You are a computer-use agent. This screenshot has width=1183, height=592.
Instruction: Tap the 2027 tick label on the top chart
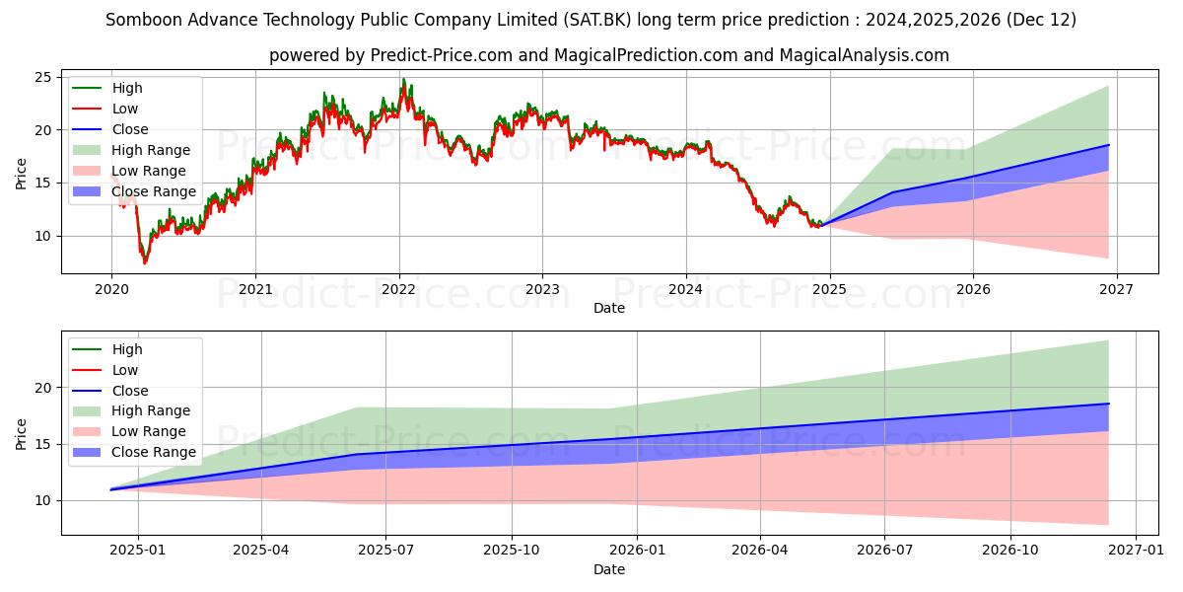(1117, 288)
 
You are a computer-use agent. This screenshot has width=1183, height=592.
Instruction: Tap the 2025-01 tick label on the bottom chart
(137, 550)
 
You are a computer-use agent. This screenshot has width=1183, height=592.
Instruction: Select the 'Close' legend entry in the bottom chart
(130, 391)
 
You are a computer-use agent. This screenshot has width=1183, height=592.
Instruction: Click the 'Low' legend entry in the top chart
(125, 109)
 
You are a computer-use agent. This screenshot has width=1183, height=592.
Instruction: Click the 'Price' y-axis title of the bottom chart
(22, 432)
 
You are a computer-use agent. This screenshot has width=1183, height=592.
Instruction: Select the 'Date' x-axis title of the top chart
(608, 308)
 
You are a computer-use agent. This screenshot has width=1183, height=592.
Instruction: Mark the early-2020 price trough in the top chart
(145, 263)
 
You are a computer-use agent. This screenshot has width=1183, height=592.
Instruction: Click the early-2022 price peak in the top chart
(402, 80)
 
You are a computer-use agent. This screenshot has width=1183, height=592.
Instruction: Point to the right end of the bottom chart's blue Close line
(1108, 404)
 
